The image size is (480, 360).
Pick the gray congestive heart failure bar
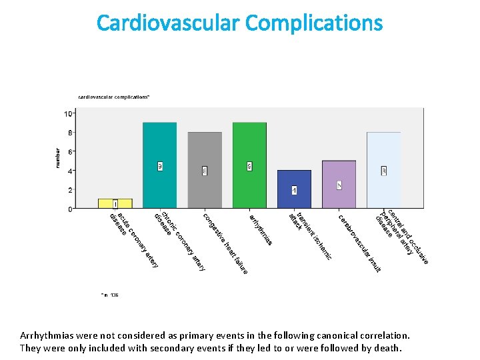pos(205,170)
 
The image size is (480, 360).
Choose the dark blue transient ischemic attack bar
pos(294,189)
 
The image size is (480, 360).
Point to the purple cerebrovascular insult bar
pos(339,185)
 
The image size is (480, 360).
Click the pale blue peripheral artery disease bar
pos(383,170)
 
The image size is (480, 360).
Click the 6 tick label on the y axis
pos(69,151)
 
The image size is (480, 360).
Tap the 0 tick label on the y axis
pos(69,209)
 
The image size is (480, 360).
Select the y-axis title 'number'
pos(57,158)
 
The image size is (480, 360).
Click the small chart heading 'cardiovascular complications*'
pos(114,97)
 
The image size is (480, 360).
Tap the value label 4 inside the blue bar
pos(294,191)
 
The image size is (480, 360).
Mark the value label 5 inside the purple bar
pos(339,185)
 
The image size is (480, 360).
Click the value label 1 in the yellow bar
pos(115,203)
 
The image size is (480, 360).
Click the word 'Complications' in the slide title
pos(314,23)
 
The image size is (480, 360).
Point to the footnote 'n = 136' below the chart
pos(110,294)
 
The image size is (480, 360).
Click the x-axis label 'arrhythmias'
pos(260,229)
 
